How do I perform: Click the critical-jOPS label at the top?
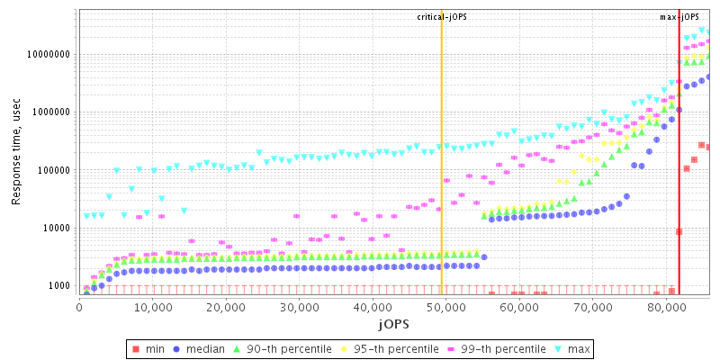[x=442, y=17]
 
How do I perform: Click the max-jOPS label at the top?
[x=679, y=17]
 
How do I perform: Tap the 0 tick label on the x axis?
[x=79, y=307]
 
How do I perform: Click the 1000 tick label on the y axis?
[x=58, y=286]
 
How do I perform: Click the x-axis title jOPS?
[x=393, y=323]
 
